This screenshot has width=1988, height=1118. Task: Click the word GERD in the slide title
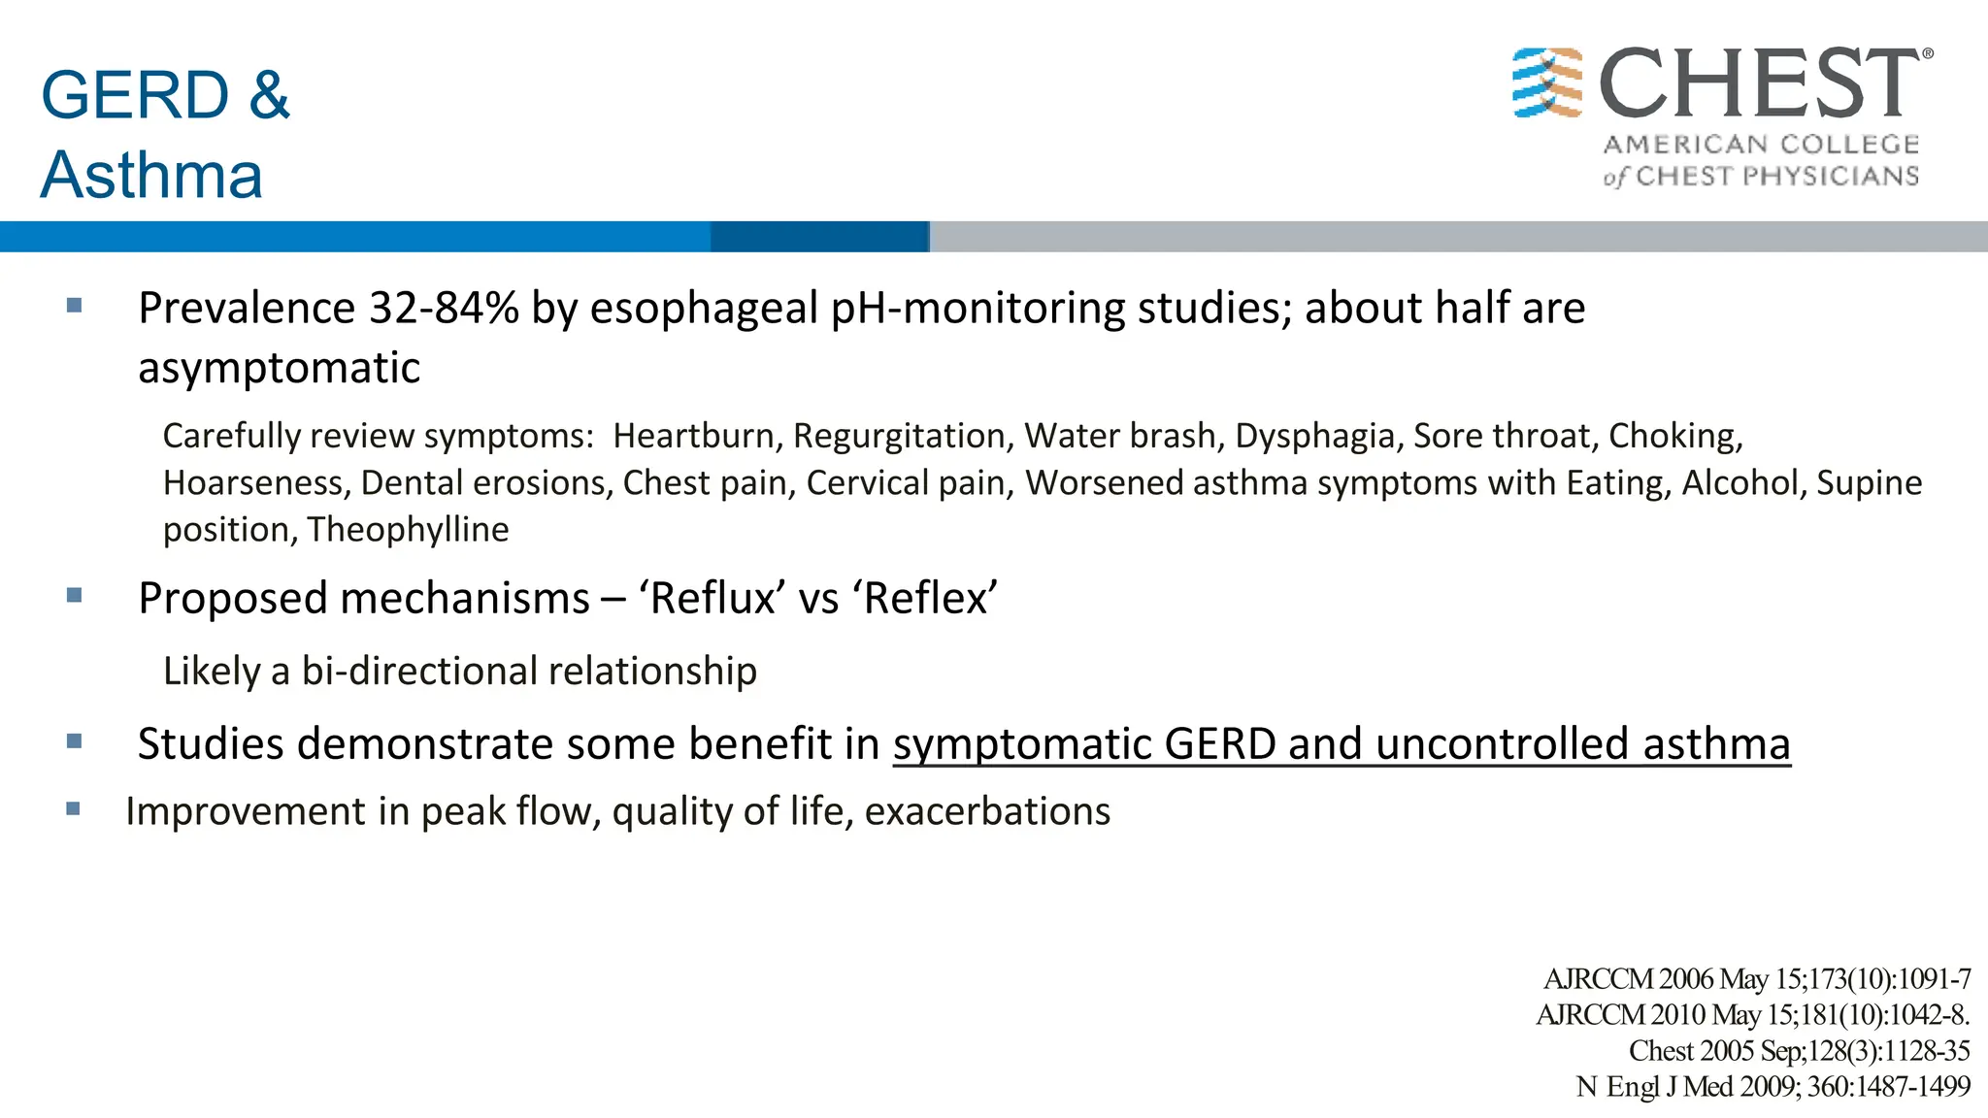[135, 95]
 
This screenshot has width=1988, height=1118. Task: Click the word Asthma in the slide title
[151, 176]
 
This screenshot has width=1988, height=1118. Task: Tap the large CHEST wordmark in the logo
[1759, 84]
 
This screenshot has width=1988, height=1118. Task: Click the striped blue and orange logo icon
[1547, 83]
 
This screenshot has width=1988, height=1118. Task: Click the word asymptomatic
[279, 369]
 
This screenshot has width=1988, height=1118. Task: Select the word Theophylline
[408, 530]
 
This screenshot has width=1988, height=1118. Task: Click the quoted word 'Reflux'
[712, 598]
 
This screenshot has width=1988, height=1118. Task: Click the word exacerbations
[987, 811]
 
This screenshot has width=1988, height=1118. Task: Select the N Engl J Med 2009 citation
[1773, 1086]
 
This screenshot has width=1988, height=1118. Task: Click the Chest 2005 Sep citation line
[1799, 1050]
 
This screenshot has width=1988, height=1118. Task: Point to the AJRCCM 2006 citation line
[1756, 978]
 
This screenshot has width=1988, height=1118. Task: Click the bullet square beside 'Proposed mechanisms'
[74, 596]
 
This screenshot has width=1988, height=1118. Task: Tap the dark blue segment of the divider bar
[819, 237]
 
